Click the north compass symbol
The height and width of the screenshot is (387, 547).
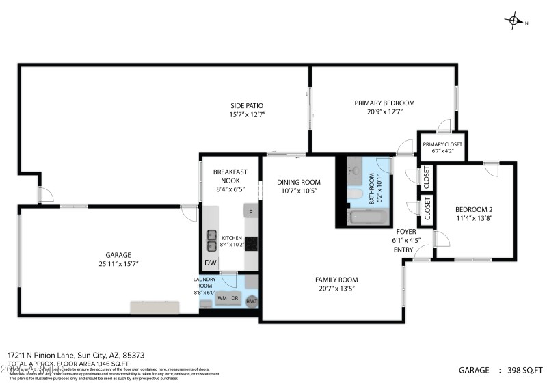coord(514,21)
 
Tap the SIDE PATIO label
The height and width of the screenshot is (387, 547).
coord(247,105)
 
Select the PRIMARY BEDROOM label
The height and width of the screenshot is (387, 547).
coord(384,103)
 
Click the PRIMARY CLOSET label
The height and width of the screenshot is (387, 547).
coord(442,144)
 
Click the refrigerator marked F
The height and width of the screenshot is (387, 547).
coord(251,212)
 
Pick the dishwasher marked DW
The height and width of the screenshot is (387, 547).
coord(210,263)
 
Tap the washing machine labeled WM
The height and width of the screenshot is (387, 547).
coord(222,298)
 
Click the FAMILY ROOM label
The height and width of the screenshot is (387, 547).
coord(336,280)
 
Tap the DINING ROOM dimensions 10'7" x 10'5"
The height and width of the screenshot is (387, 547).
coord(298,191)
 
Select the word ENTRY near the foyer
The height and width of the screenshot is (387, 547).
coord(403,250)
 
